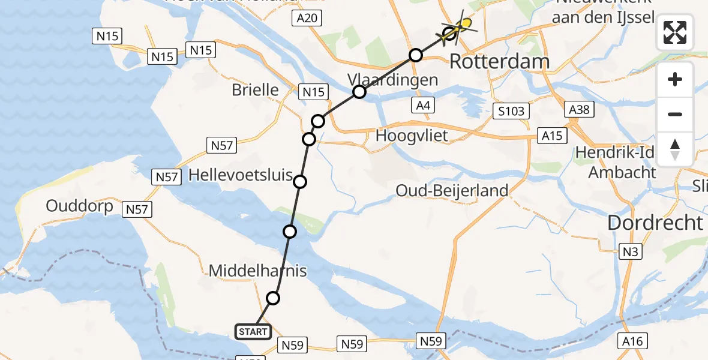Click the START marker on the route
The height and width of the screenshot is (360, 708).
253,331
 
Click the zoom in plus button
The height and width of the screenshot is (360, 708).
675,80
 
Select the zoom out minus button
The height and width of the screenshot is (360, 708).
675,114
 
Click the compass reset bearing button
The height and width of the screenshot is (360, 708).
675,149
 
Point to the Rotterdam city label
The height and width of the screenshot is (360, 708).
499,61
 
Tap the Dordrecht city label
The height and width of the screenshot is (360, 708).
655,223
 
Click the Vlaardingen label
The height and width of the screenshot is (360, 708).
392,79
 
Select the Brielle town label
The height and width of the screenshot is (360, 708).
256,90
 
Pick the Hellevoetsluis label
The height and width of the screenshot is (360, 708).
240,176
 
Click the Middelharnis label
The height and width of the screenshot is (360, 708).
257,271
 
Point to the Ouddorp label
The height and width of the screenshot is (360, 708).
80,206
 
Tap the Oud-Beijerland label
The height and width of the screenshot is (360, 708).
452,191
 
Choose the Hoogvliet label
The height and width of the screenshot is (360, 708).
412,136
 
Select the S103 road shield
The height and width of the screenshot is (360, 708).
511,111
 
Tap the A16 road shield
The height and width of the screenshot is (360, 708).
632,341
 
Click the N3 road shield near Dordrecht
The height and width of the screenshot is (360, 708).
630,252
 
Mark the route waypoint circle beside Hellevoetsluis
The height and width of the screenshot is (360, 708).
300,182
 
